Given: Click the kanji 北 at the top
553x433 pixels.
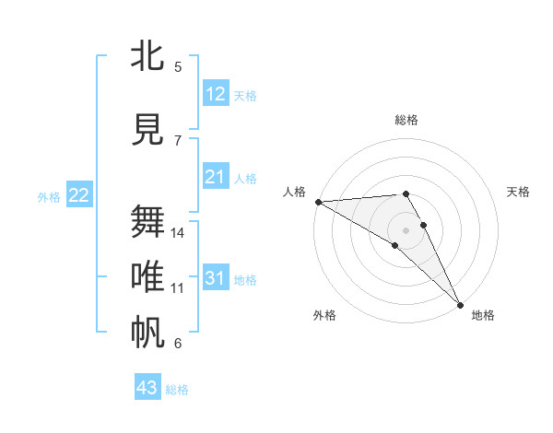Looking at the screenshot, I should pos(148,56).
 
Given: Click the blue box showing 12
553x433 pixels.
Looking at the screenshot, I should pos(216,94).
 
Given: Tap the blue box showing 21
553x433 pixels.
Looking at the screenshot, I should pos(216,177).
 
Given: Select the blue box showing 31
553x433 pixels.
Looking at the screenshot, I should pos(216,278).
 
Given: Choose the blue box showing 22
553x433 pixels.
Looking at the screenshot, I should pos(79,195).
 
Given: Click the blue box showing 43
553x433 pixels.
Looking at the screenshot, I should pos(147,388).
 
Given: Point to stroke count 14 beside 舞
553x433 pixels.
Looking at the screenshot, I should pos(178,233).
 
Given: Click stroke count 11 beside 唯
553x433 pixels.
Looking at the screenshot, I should pos(178,288).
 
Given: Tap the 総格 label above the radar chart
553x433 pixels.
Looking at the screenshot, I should pos(406,120).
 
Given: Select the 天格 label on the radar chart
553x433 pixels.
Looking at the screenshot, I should pos(519,192).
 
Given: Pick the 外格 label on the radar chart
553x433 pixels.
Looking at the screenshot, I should pos(324,316).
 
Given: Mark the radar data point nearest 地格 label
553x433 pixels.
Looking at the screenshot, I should pos(460,304).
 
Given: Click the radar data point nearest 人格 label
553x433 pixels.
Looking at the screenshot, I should pos(318,201).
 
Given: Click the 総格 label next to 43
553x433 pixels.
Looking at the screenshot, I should pos(177,390).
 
